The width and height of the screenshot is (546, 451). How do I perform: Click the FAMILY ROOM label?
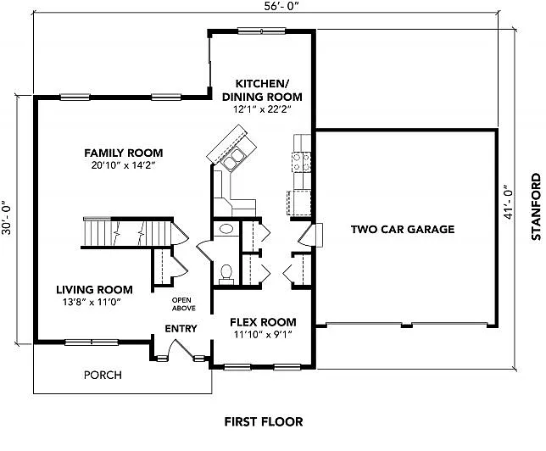(117, 153)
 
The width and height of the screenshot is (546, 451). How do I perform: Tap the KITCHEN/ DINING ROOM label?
(262, 90)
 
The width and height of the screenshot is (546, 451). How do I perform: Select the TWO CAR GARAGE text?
(403, 230)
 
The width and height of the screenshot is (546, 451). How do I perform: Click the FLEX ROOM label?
(264, 322)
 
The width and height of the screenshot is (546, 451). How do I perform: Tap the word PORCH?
(103, 375)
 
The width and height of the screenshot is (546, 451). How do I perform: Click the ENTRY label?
(181, 329)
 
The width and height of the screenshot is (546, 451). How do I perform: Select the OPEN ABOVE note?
(183, 304)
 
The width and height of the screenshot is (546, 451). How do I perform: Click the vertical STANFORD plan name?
(535, 209)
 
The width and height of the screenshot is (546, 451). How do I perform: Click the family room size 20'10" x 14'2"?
(117, 165)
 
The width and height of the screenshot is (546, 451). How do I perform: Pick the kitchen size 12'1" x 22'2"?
(262, 109)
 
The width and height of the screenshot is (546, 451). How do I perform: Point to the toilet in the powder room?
(226, 271)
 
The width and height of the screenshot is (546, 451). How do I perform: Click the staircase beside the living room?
(127, 231)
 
